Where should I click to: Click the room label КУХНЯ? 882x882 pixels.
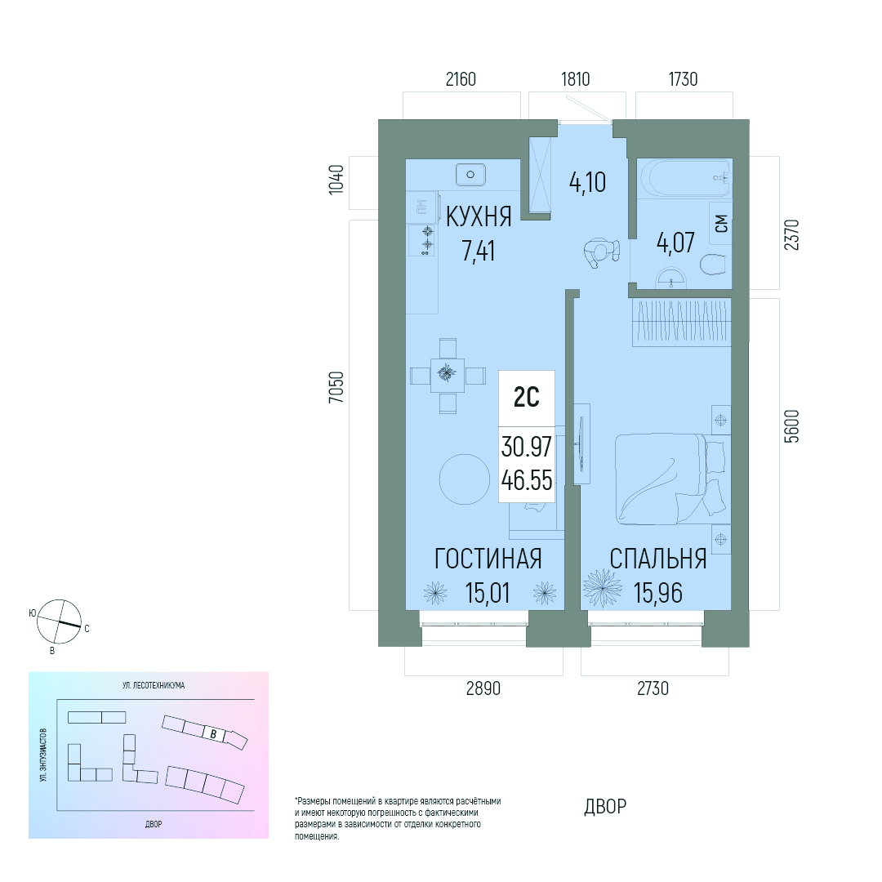click(x=479, y=217)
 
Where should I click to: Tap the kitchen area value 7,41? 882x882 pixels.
click(x=478, y=251)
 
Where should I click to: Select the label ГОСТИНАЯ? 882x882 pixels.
click(x=488, y=559)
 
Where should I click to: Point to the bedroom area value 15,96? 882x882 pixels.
click(x=658, y=593)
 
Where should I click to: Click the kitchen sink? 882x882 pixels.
click(x=470, y=175)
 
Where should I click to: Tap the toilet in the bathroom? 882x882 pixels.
click(x=714, y=265)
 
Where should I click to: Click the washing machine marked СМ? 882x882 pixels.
click(x=720, y=223)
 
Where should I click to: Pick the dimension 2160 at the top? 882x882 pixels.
click(x=461, y=79)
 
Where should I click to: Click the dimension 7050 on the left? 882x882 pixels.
click(x=336, y=387)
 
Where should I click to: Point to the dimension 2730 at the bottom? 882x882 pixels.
click(x=653, y=688)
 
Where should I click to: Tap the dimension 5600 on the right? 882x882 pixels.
click(x=791, y=426)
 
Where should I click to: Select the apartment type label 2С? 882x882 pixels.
click(x=527, y=398)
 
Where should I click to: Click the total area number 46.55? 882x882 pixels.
click(x=527, y=480)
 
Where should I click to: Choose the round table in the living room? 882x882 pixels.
click(x=464, y=479)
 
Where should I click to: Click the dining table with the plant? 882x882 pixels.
click(x=448, y=375)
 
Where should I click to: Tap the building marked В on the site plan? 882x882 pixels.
click(x=213, y=733)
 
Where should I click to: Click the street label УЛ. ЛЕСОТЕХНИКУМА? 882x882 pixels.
click(x=154, y=685)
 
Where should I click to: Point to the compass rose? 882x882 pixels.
click(x=59, y=621)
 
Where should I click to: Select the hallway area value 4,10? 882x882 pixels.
click(x=587, y=183)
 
